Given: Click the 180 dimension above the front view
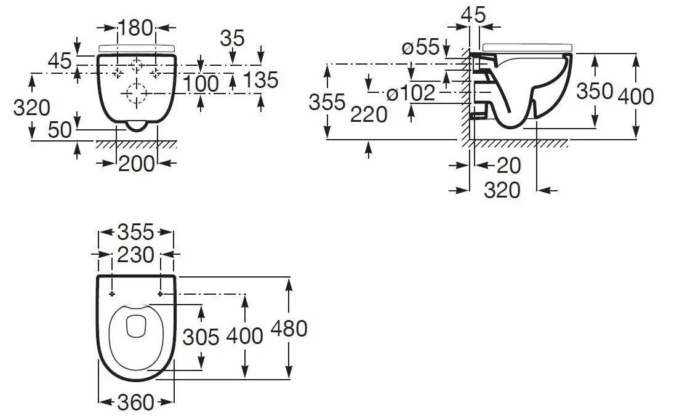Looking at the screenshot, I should pyautogui.click(x=135, y=28).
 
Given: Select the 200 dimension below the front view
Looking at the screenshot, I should pyautogui.click(x=137, y=163).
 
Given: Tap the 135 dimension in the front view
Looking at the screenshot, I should pyautogui.click(x=261, y=80).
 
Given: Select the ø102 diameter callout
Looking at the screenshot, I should pyautogui.click(x=411, y=94).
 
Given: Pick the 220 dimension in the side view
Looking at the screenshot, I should pyautogui.click(x=369, y=114).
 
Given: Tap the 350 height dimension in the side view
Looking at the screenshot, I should pyautogui.click(x=595, y=92).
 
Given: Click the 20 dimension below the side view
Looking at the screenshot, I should pyautogui.click(x=508, y=165).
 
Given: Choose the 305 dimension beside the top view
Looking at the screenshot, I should pyautogui.click(x=201, y=337).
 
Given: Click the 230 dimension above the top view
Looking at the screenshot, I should pyautogui.click(x=135, y=254).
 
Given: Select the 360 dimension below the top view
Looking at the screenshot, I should pyautogui.click(x=135, y=402).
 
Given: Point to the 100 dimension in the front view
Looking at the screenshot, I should pyautogui.click(x=201, y=82).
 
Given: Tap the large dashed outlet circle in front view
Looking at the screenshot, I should pyautogui.click(x=135, y=94).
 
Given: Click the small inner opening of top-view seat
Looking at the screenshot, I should pyautogui.click(x=135, y=327).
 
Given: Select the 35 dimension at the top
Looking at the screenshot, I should pyautogui.click(x=233, y=38).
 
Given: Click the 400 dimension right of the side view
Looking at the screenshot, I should pyautogui.click(x=636, y=96).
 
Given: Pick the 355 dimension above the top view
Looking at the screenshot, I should pyautogui.click(x=135, y=233).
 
